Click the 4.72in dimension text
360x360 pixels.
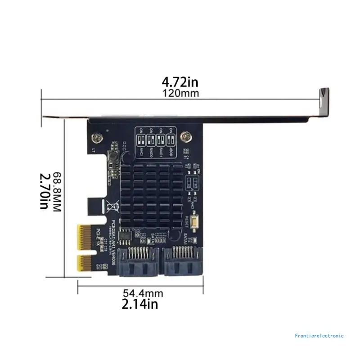tap(180, 82)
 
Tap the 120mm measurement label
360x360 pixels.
tap(180, 93)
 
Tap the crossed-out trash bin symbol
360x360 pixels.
tap(111, 207)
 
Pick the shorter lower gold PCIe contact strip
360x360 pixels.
tap(84, 263)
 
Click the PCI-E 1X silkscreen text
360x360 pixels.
tap(98, 238)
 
